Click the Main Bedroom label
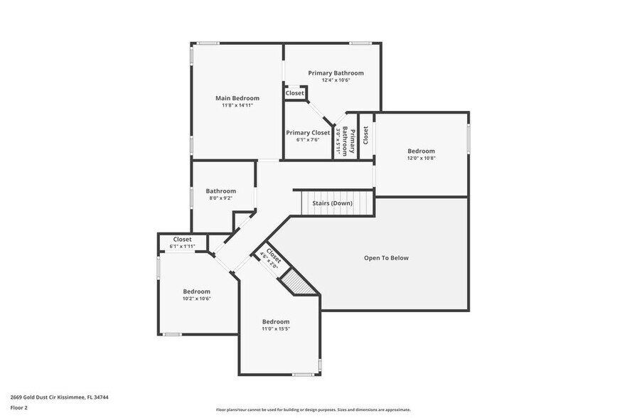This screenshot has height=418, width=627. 237,98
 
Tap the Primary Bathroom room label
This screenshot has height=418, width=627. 336,73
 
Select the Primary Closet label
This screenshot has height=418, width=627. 308,132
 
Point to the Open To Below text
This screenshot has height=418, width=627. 386,257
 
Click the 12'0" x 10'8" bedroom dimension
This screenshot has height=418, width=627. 421,158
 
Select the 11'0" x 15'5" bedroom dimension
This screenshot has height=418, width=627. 276,328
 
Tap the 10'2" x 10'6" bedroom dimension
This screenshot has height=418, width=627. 197,299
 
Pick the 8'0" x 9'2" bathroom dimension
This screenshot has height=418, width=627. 221,198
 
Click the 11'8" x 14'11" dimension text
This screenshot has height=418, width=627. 237,105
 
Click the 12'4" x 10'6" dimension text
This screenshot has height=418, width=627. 336,80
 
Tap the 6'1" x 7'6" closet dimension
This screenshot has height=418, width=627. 308,139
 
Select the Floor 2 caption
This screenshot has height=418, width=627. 19,408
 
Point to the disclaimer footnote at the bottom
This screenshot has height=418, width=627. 313,409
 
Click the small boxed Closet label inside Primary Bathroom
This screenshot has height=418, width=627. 295,93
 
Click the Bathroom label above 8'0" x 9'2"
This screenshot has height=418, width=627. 221,191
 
